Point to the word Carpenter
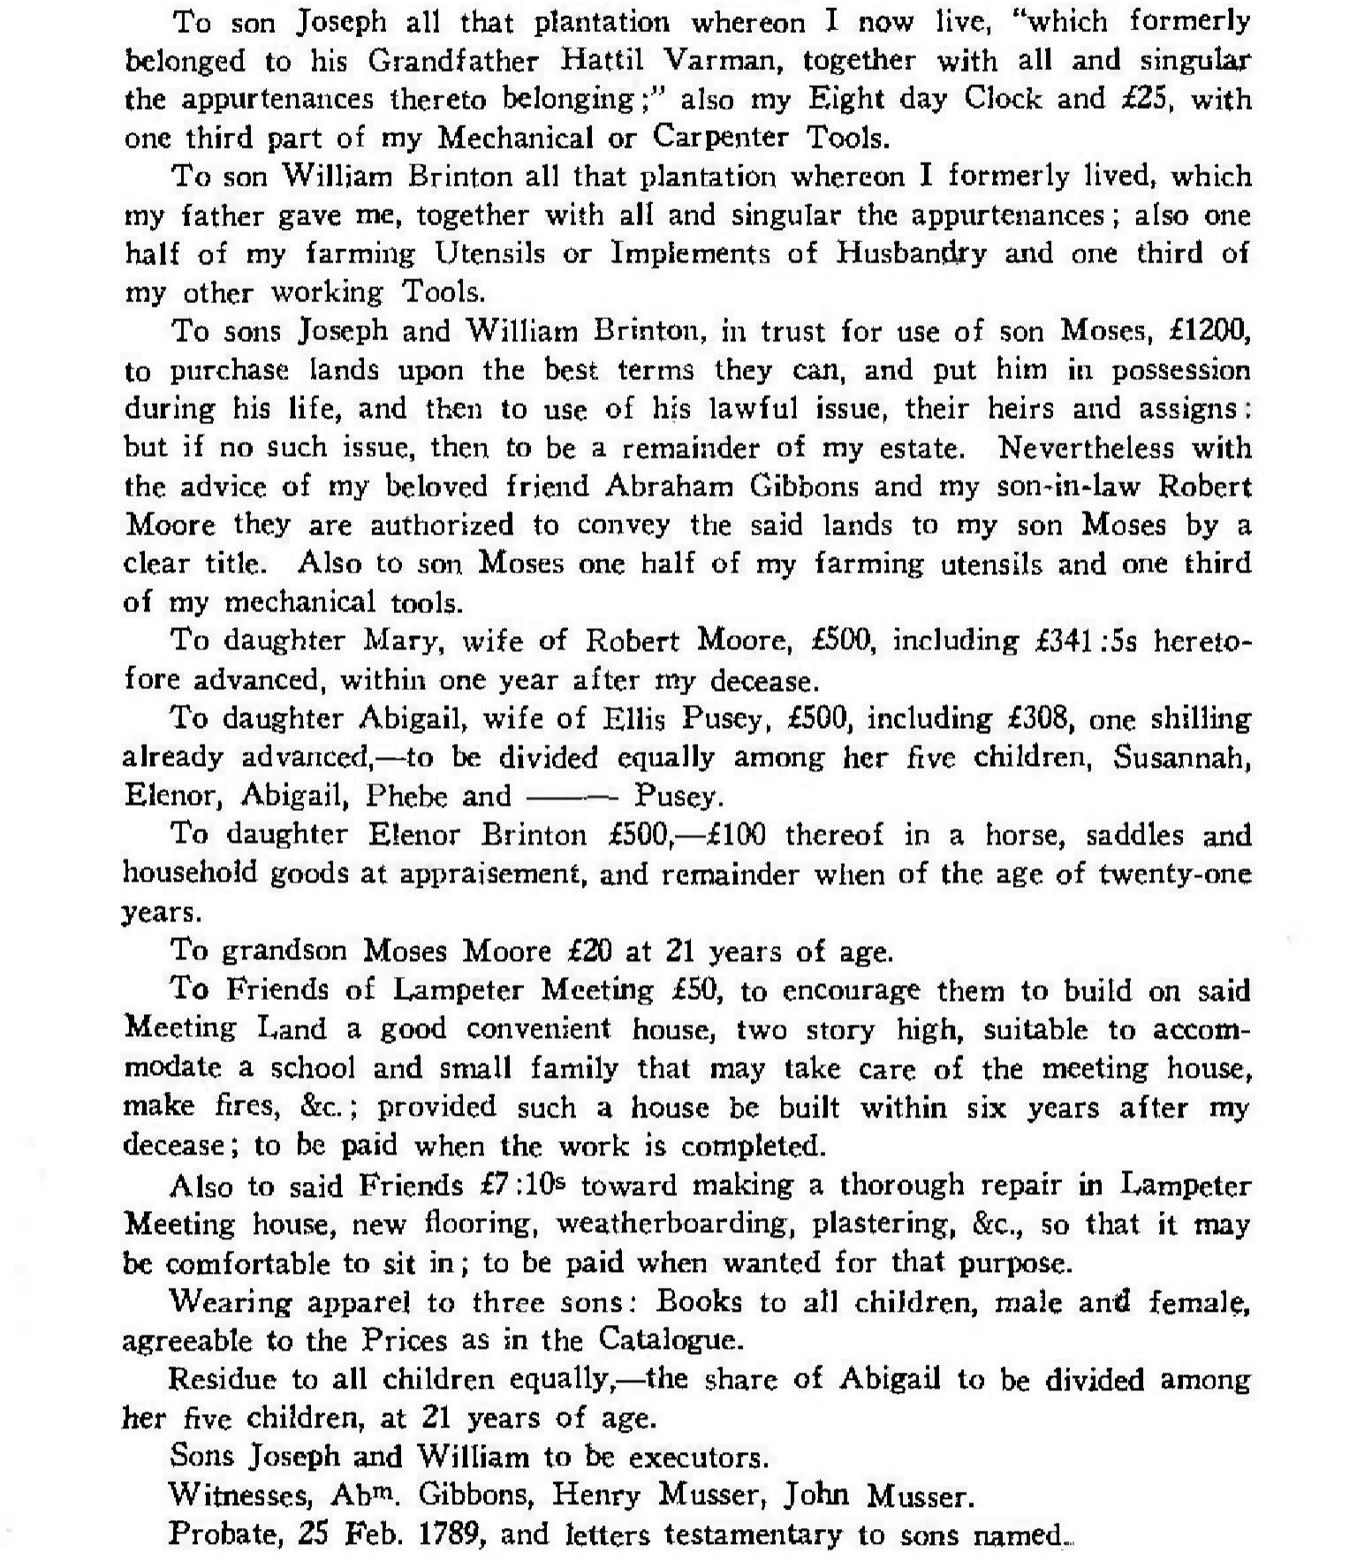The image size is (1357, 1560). tap(721, 137)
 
